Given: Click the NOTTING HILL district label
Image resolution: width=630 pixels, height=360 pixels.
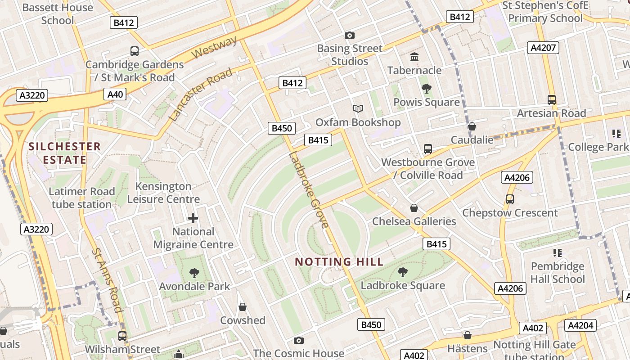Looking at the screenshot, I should click(339, 261).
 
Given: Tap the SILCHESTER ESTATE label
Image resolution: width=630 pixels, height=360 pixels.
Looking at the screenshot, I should click(64, 153).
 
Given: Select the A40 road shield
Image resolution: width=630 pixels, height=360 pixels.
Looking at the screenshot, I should click(115, 94).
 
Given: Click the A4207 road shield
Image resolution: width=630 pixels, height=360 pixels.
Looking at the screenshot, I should click(543, 48).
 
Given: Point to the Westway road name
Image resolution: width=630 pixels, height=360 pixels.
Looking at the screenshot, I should click(214, 48).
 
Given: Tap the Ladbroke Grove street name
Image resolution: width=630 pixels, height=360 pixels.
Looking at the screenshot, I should click(309, 190).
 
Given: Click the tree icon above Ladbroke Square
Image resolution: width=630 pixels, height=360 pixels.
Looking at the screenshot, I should click(403, 272).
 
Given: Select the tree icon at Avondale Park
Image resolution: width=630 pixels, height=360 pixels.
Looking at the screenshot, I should click(194, 273).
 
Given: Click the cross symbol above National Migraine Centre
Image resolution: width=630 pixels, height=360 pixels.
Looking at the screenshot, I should click(193, 219).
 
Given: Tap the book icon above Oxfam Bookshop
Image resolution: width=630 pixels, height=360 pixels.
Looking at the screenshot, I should click(358, 109).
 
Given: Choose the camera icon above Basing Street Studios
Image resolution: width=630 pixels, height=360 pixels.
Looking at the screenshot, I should click(350, 35).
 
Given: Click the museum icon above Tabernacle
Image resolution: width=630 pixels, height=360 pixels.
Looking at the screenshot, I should click(414, 57).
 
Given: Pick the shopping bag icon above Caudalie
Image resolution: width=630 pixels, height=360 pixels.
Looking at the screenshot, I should click(472, 126).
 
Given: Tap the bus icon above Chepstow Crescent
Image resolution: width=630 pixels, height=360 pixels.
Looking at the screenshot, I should click(510, 199).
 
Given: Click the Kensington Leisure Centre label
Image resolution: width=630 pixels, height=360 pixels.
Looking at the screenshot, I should click(163, 193).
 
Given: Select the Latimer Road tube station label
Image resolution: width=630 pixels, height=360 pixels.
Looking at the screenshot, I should click(81, 198).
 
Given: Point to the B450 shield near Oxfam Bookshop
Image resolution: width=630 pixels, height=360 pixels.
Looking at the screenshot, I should click(282, 128).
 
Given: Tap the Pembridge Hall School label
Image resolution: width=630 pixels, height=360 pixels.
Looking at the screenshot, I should click(558, 272).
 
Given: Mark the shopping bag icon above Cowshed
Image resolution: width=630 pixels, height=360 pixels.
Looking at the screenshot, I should click(243, 307).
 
